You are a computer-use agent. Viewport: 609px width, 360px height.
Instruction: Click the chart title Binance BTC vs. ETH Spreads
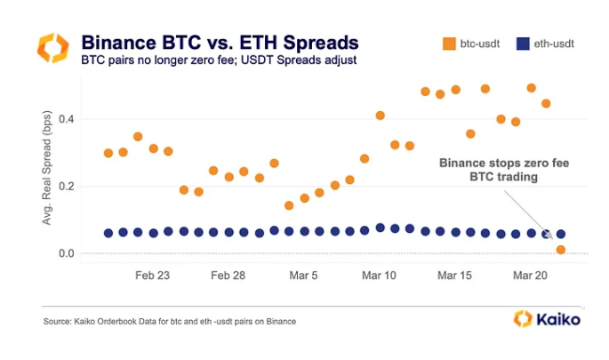point(220,42)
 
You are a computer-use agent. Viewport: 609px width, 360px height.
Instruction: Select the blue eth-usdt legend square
point(525,42)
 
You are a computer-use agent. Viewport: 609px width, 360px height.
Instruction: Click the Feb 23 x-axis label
point(153,276)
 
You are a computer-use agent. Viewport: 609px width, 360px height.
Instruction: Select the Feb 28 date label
point(228,276)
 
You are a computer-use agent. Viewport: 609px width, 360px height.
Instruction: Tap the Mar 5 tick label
point(303,276)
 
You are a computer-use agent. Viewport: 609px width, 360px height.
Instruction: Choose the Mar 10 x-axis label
point(379,276)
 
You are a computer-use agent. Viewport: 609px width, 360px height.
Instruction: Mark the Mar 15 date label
point(454,276)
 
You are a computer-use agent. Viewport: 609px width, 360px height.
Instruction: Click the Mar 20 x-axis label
point(530,276)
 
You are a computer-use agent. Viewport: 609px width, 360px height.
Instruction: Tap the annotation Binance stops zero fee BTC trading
point(504,170)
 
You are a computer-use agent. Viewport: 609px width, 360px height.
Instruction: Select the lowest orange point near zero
point(561,250)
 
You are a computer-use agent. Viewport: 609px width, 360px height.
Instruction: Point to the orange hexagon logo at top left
point(52,48)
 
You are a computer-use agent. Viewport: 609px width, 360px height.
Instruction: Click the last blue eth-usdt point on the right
point(561,234)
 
